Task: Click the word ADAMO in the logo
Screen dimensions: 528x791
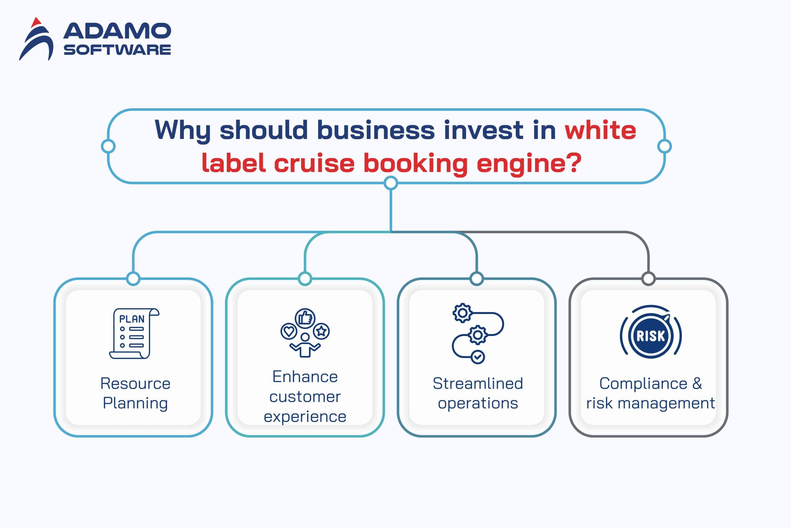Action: (x=117, y=31)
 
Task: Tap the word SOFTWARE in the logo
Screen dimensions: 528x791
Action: (x=117, y=50)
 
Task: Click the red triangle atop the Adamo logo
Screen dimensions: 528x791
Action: (x=36, y=23)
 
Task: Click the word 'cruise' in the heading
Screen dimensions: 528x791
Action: (x=314, y=163)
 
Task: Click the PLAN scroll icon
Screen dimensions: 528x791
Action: (x=134, y=333)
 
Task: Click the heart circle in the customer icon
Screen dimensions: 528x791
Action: (x=289, y=331)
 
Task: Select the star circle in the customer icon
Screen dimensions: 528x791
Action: (x=322, y=331)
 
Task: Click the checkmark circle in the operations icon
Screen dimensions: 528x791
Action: (x=478, y=357)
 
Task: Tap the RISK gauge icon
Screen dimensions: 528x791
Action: (x=650, y=335)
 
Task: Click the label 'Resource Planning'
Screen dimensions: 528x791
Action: (x=135, y=393)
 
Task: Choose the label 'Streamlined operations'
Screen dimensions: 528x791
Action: (x=478, y=393)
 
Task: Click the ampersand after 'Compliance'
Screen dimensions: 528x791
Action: (x=697, y=383)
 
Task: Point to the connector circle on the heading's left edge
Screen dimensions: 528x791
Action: (x=108, y=147)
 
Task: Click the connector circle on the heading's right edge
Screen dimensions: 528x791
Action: (x=664, y=147)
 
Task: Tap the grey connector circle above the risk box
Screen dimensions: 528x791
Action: (x=649, y=279)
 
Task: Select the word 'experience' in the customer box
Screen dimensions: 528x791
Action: (x=305, y=417)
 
